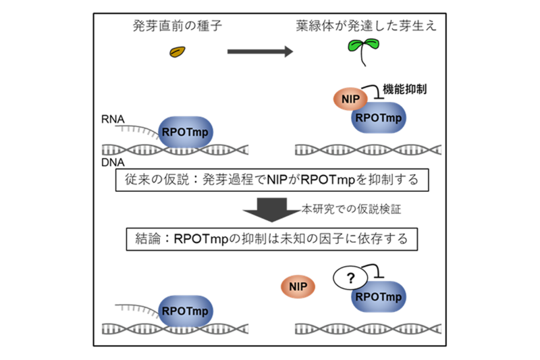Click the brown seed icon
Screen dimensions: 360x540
[x=177, y=52]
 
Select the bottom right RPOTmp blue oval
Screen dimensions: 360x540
[x=378, y=297]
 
